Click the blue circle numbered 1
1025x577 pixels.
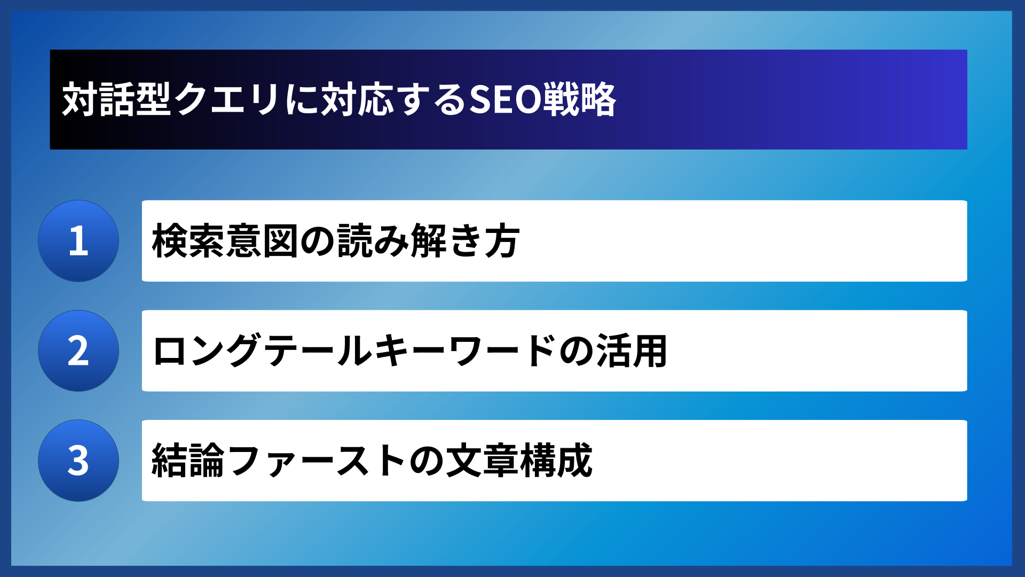pyautogui.click(x=78, y=241)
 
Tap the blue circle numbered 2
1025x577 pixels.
pyautogui.click(x=78, y=351)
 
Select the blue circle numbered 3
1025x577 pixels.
pyautogui.click(x=78, y=461)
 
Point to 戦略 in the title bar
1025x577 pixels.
pyautogui.click(x=580, y=100)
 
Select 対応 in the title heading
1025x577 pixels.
pyautogui.click(x=357, y=100)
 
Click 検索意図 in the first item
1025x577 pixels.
pyautogui.click(x=225, y=241)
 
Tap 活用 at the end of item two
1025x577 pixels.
pyautogui.click(x=632, y=351)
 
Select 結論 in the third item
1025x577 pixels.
pyautogui.click(x=188, y=461)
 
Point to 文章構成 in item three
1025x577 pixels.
pyautogui.click(x=519, y=461)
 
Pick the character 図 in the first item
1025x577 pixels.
pyautogui.click(x=280, y=241)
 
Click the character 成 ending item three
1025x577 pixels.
pyautogui.click(x=574, y=461)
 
